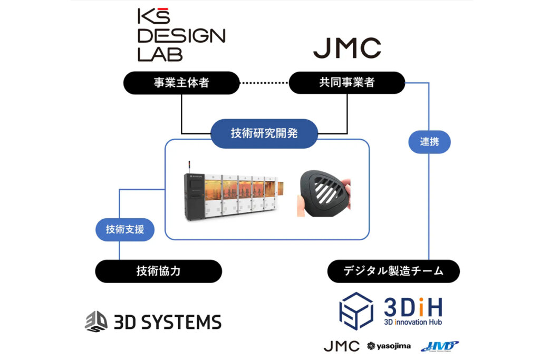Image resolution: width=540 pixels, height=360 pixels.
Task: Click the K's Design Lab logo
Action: point(181,35)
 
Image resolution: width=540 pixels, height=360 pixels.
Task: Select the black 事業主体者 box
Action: point(181,83)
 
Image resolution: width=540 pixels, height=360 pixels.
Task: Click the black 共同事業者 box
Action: point(347,83)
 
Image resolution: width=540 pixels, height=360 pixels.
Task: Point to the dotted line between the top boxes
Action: point(264,83)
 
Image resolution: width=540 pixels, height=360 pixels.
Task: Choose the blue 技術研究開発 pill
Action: point(264,133)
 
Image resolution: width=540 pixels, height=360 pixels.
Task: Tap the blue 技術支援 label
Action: point(126,230)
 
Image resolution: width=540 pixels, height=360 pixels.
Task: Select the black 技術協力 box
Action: point(158,271)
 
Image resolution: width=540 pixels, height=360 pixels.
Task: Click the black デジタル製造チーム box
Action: point(393,271)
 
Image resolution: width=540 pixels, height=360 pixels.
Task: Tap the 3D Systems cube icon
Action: point(96,322)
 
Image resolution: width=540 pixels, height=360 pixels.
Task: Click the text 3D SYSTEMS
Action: point(168,322)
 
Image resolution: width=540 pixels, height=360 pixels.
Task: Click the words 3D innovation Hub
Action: point(413,321)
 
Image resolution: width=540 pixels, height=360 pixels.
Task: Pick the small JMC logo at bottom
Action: point(341,346)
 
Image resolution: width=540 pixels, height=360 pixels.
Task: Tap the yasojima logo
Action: point(389,346)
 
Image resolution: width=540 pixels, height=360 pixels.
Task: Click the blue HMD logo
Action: point(439,346)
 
